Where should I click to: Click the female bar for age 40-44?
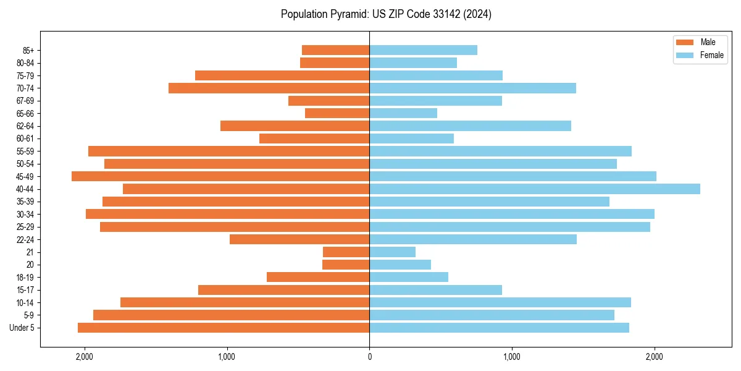pyautogui.click(x=535, y=189)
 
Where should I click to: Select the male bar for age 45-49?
pyautogui.click(x=220, y=176)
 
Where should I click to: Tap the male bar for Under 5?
pyautogui.click(x=224, y=328)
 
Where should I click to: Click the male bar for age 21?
pyautogui.click(x=346, y=252)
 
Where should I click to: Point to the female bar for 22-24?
pyautogui.click(x=473, y=239)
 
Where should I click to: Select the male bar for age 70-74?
pyautogui.click(x=269, y=88)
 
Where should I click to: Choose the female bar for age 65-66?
pyautogui.click(x=403, y=113)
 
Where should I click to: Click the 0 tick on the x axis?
pyautogui.click(x=369, y=357)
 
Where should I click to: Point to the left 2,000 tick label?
pyautogui.click(x=84, y=357)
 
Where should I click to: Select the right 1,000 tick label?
pyautogui.click(x=511, y=357)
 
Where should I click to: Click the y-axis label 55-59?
pyautogui.click(x=25, y=151)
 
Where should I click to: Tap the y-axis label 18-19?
pyautogui.click(x=25, y=278)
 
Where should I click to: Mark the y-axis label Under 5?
pyautogui.click(x=22, y=328)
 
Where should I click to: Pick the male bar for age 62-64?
pyautogui.click(x=295, y=126)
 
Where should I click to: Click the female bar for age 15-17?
pyautogui.click(x=435, y=290)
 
